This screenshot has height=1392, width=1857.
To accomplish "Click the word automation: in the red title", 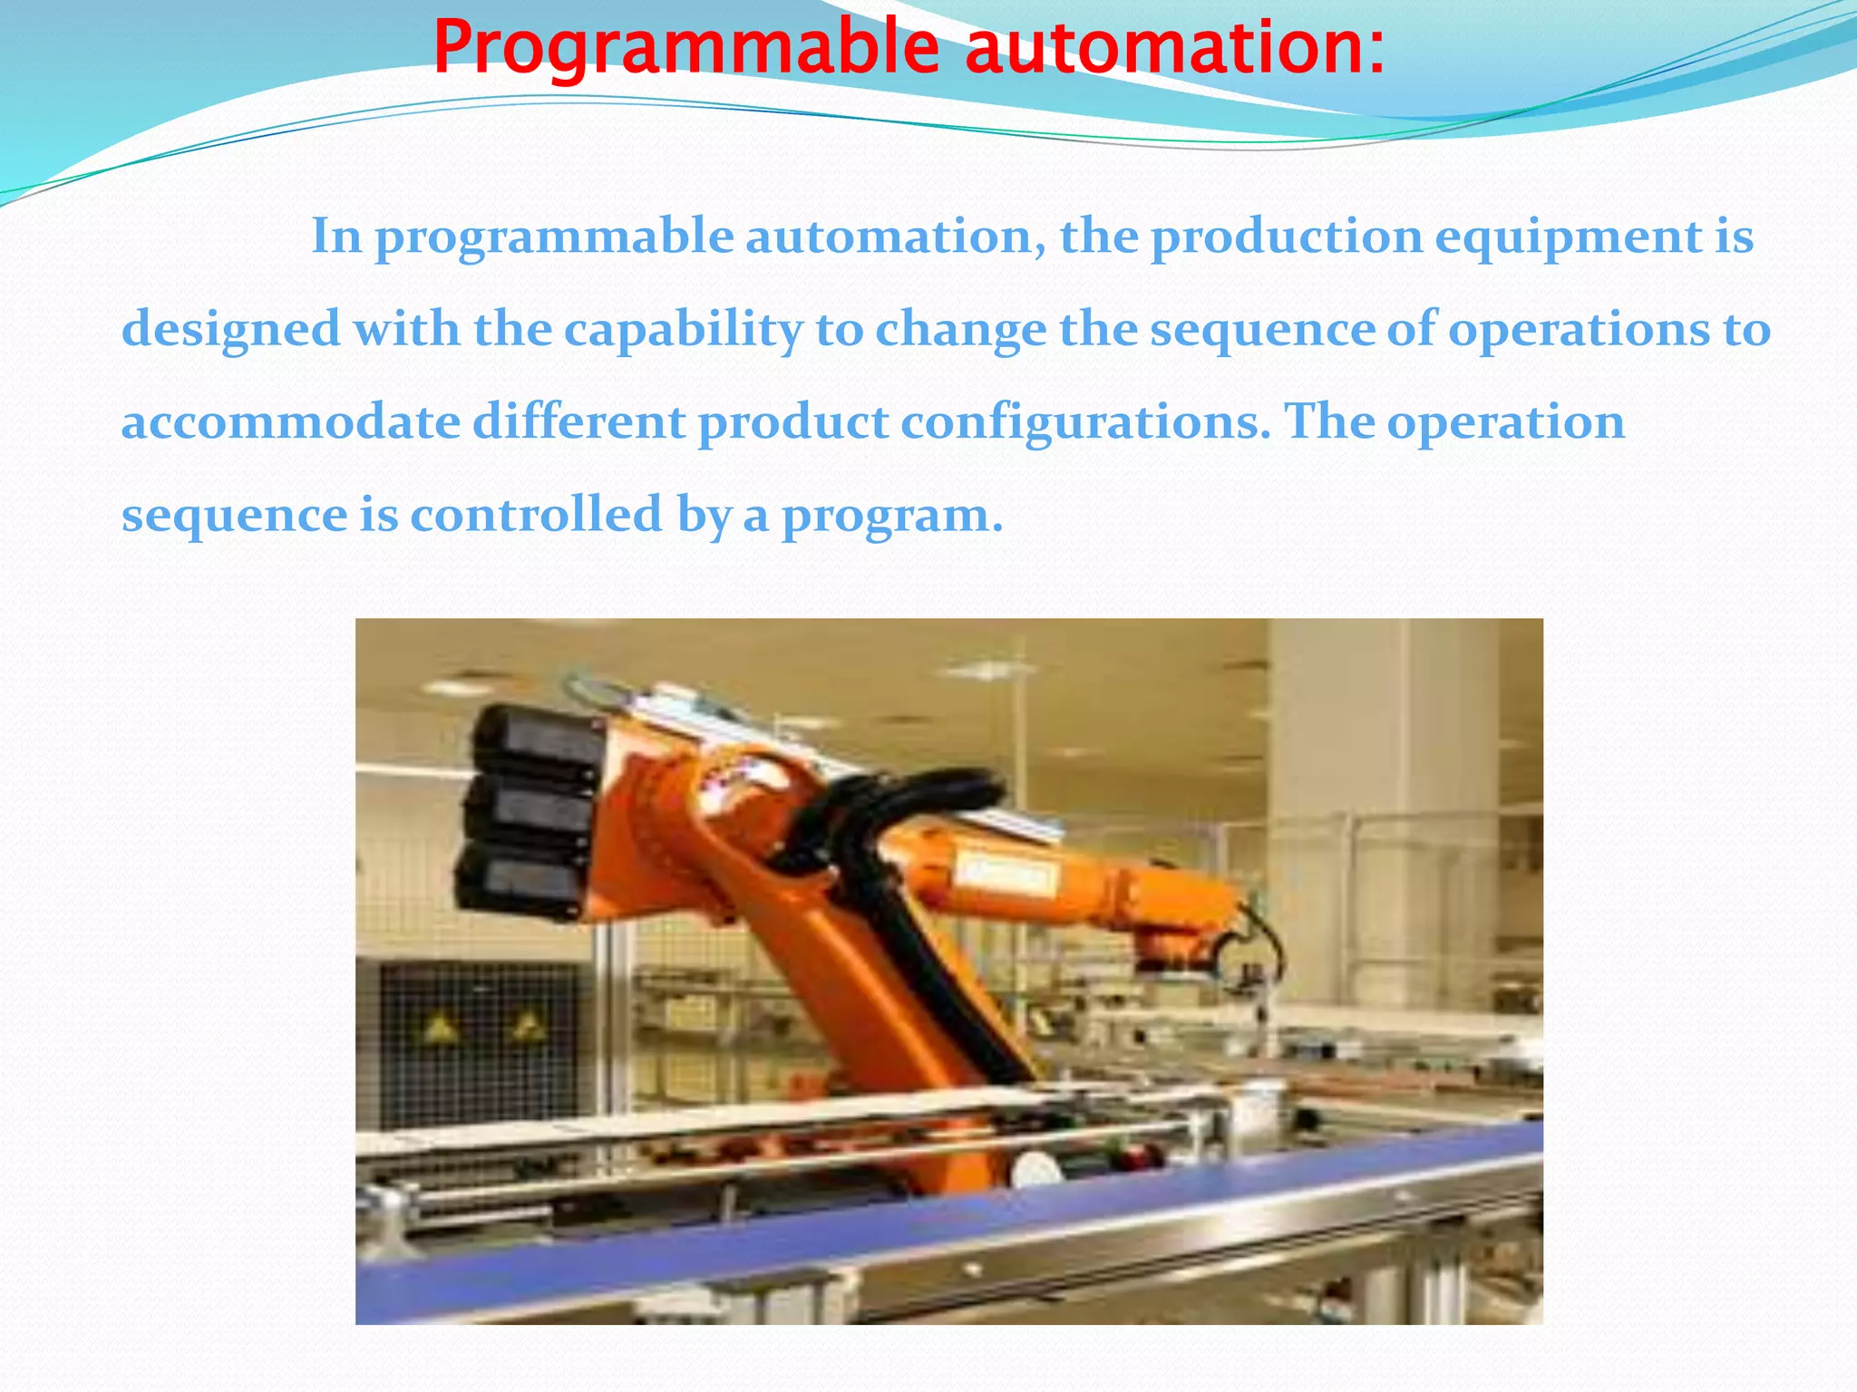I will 1175,47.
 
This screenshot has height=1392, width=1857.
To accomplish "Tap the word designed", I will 230,329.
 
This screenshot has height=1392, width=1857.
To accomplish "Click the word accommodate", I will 290,422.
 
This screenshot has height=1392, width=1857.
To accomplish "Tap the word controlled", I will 537,515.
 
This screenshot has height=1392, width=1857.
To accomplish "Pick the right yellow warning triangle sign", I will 525,1026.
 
